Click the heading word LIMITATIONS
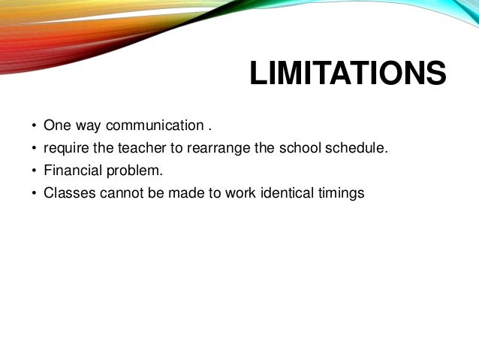coord(348,75)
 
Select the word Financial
coord(72,170)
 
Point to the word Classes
coord(68,192)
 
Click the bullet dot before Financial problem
coord(33,171)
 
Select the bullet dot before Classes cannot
coord(33,193)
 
